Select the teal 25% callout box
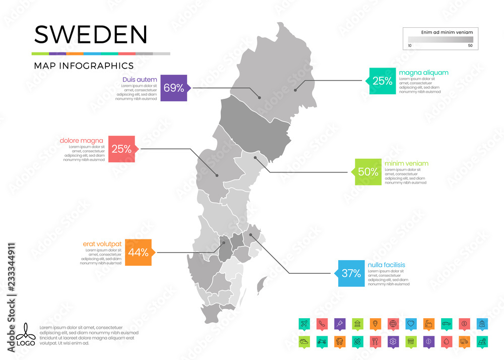[x=382, y=81]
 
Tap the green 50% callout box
[x=367, y=171]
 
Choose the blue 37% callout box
[x=351, y=273]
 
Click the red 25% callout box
[x=121, y=149]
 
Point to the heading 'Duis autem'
[x=140, y=80]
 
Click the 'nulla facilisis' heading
[x=387, y=265]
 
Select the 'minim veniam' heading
[x=406, y=163]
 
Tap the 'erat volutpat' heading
[x=102, y=244]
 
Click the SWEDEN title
[x=91, y=34]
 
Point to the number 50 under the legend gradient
[x=470, y=46]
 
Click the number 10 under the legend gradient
[x=410, y=46]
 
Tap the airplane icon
[x=303, y=323]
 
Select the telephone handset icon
[x=321, y=323]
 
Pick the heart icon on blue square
[x=411, y=323]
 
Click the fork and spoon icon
[x=374, y=341]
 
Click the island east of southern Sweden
[x=262, y=286]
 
